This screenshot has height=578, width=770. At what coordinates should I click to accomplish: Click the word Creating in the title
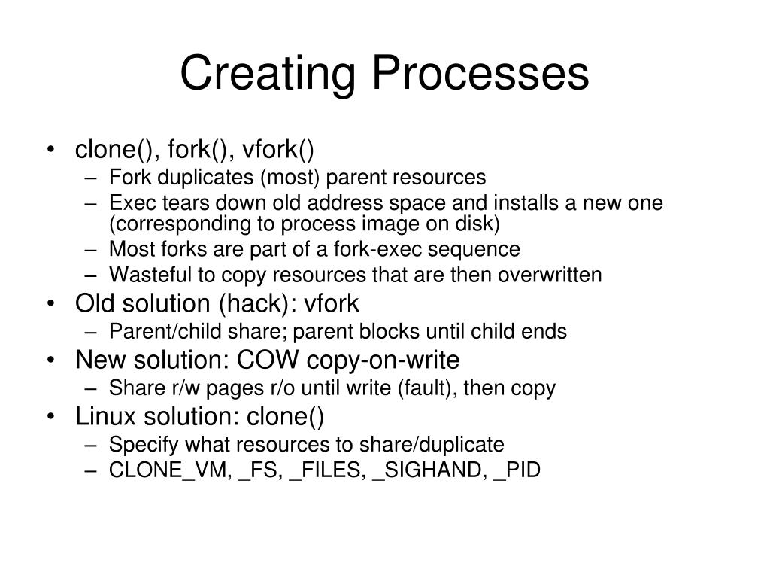point(268,75)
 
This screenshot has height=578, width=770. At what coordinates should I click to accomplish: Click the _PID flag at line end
point(517,472)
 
